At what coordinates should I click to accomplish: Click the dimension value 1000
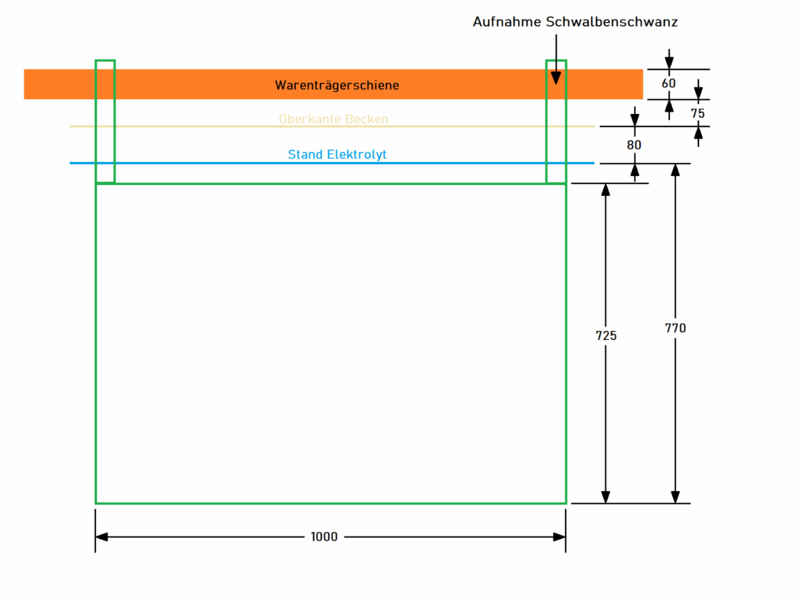324,537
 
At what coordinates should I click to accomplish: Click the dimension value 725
606,335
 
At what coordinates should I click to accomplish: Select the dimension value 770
675,328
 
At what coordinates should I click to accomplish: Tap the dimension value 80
634,145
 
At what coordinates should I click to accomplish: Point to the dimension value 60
669,84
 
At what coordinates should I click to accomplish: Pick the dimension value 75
698,113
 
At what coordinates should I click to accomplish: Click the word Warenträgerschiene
337,85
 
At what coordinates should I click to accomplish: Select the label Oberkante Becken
333,120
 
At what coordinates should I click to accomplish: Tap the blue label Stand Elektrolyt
337,155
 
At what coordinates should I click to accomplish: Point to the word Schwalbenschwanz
612,22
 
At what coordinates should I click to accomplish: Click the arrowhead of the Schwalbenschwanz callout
556,77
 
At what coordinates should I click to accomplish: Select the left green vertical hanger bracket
105,121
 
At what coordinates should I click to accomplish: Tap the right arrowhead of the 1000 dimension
560,537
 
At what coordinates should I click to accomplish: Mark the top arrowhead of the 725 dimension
605,190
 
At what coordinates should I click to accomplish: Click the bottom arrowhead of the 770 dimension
675,497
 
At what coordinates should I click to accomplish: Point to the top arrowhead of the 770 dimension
675,170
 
